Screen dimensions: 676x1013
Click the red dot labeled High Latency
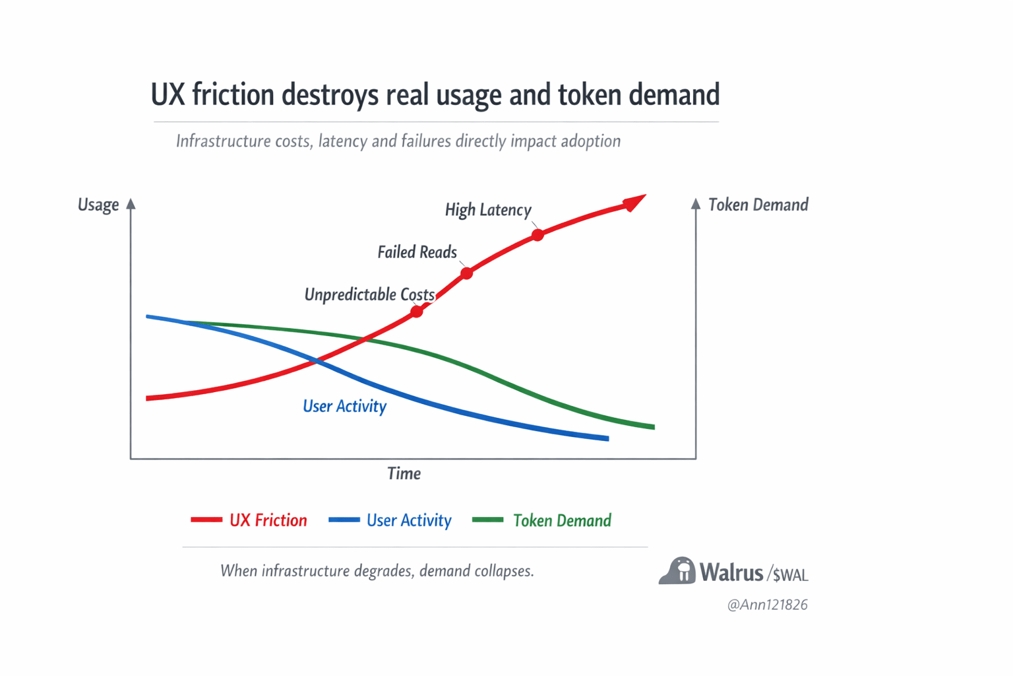click(537, 234)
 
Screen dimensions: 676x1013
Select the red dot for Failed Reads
click(466, 273)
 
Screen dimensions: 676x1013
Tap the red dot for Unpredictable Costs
click(417, 311)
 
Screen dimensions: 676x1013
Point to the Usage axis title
click(98, 205)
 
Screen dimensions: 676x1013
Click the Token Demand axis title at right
click(758, 205)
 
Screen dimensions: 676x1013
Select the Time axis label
click(404, 473)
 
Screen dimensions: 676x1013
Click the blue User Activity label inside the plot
click(344, 406)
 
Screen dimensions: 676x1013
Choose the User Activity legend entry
click(390, 520)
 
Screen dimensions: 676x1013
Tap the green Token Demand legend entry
click(542, 520)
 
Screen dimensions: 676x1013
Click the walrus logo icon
click(677, 571)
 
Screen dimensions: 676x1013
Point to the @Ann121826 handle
click(767, 605)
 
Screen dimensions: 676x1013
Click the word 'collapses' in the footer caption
click(504, 570)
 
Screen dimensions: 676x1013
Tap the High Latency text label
click(488, 210)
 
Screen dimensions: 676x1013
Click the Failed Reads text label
click(417, 252)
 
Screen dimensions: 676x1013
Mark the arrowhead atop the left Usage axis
click(131, 204)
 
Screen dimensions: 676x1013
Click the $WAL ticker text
click(790, 575)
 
